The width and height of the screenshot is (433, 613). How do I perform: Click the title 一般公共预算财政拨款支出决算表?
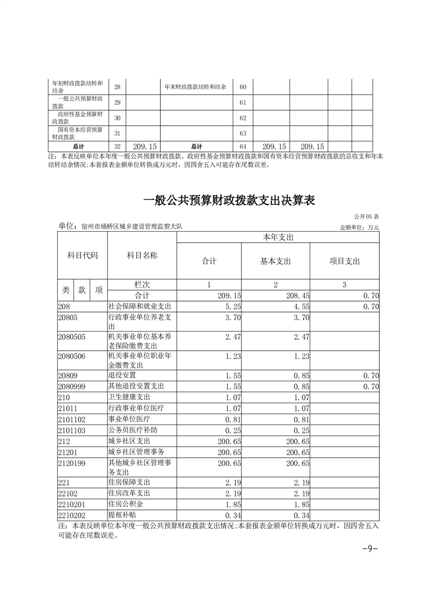229,201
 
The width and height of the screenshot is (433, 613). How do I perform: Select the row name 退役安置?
122,375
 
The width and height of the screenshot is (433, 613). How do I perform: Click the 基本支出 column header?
275,261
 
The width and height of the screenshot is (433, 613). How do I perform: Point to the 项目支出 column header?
344,261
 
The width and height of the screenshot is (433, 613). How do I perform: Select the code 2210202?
72,515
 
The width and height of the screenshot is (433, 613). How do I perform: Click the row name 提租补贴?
122,515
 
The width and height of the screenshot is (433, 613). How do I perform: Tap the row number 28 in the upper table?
117,87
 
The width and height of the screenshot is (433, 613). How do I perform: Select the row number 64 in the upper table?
243,146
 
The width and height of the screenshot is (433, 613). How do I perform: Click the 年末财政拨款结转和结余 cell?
195,87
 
